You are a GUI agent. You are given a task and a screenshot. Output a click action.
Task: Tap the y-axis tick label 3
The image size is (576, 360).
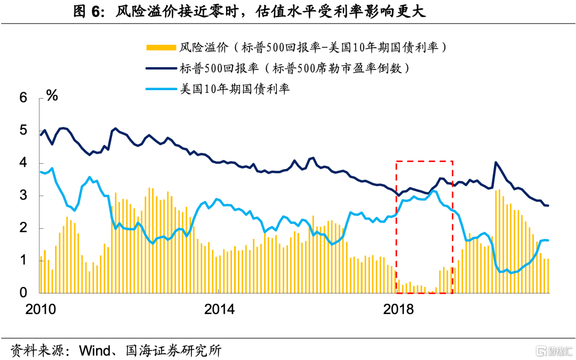coord(23,196)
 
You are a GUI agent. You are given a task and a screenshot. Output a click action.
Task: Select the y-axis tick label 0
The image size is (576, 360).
coord(23,293)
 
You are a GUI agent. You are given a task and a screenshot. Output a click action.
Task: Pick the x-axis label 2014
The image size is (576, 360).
coord(219,309)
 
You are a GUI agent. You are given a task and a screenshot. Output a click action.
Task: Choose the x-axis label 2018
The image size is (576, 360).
coord(398,309)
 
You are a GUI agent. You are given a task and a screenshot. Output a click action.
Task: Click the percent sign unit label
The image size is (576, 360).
coord(52,96)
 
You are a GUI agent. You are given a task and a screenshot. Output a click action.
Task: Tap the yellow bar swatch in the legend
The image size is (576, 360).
coord(160,48)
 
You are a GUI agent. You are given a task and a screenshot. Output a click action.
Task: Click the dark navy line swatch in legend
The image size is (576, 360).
coord(160,68)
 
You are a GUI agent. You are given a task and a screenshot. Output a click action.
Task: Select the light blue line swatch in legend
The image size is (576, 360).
coord(160,88)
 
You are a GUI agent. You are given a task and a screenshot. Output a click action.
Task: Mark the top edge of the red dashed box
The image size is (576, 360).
coord(424,161)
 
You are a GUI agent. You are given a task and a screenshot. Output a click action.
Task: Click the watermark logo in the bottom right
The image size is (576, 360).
coord(555,350)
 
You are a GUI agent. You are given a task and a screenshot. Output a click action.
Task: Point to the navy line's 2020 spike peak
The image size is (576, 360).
coord(496,162)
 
